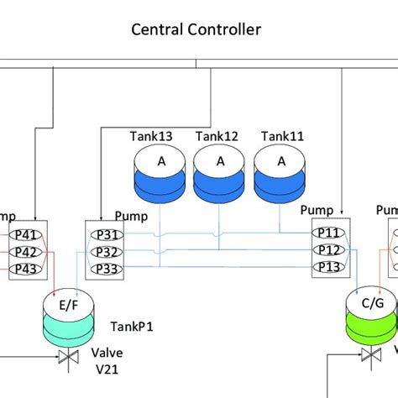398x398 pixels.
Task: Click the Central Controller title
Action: click(196, 30)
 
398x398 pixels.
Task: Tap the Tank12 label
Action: click(216, 135)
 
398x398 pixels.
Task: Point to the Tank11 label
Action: click(281, 135)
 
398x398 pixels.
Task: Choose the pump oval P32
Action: click(104, 252)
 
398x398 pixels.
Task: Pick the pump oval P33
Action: click(104, 268)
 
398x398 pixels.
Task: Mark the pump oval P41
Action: click(27, 236)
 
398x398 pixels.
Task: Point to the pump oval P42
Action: click(27, 252)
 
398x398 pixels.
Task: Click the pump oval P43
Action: click(27, 268)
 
